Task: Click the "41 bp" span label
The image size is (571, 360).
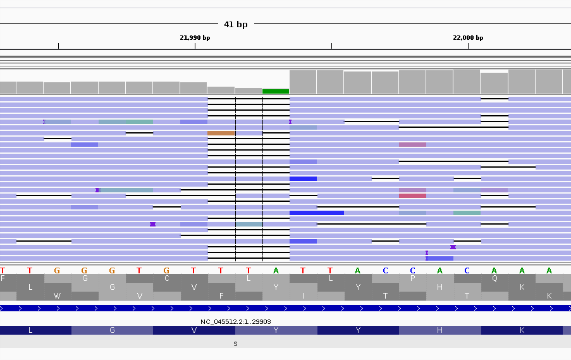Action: tap(236, 24)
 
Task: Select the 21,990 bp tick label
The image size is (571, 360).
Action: tap(195, 37)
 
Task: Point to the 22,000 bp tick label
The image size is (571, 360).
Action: tap(468, 37)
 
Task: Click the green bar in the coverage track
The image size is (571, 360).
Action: tap(276, 91)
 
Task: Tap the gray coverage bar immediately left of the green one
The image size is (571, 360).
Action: tap(249, 90)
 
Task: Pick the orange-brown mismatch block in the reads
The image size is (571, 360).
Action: tap(221, 133)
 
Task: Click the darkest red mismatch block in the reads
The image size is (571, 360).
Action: tap(412, 196)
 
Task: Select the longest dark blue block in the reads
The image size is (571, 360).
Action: tap(317, 213)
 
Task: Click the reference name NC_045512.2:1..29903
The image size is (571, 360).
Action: tap(235, 321)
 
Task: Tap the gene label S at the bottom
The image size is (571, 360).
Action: tap(235, 344)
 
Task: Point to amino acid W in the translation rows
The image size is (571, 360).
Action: tap(58, 295)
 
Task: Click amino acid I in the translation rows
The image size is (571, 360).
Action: tap(303, 295)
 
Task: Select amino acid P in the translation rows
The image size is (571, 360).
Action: tap(412, 278)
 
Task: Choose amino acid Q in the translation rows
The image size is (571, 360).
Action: tap(494, 278)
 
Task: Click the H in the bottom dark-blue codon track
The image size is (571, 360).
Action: tap(439, 330)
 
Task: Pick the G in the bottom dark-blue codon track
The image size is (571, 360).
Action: tap(112, 330)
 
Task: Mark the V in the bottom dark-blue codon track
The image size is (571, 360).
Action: tap(194, 330)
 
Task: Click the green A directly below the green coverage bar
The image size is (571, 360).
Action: tap(276, 270)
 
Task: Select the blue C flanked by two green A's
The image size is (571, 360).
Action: tap(467, 270)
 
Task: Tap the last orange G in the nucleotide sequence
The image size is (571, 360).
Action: tap(166, 270)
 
